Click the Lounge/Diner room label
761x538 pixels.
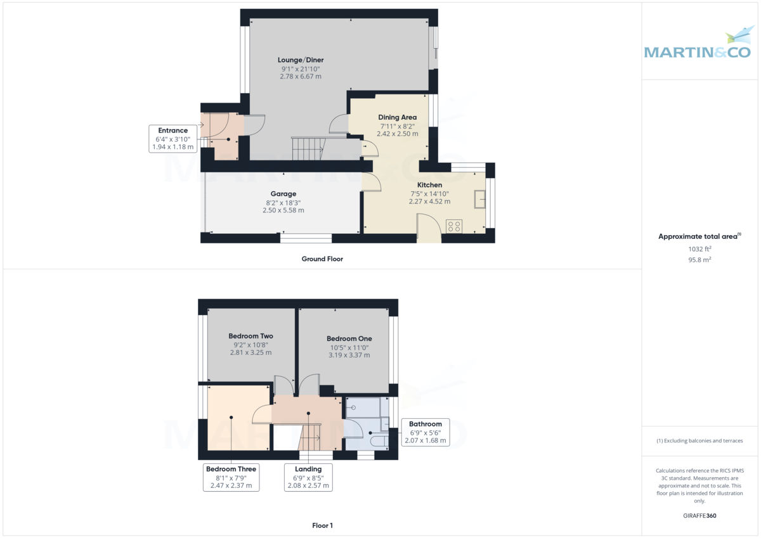coord(301,60)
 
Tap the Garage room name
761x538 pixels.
coord(283,194)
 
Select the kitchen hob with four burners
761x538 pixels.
coord(453,226)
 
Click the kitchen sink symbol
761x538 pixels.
coord(480,199)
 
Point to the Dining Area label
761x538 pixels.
coord(397,117)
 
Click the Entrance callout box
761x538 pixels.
coord(172,139)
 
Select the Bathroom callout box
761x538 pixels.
coord(425,432)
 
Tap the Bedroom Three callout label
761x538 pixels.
coord(231,477)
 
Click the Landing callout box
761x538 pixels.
coord(308,477)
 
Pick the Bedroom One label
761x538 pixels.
coord(349,338)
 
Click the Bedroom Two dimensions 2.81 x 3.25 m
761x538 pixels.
coord(250,352)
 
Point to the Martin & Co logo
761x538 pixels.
coord(697,46)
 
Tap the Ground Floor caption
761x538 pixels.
coord(322,259)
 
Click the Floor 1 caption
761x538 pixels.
coord(322,525)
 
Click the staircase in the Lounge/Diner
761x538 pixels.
coord(308,149)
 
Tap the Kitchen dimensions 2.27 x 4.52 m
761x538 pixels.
coord(429,202)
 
